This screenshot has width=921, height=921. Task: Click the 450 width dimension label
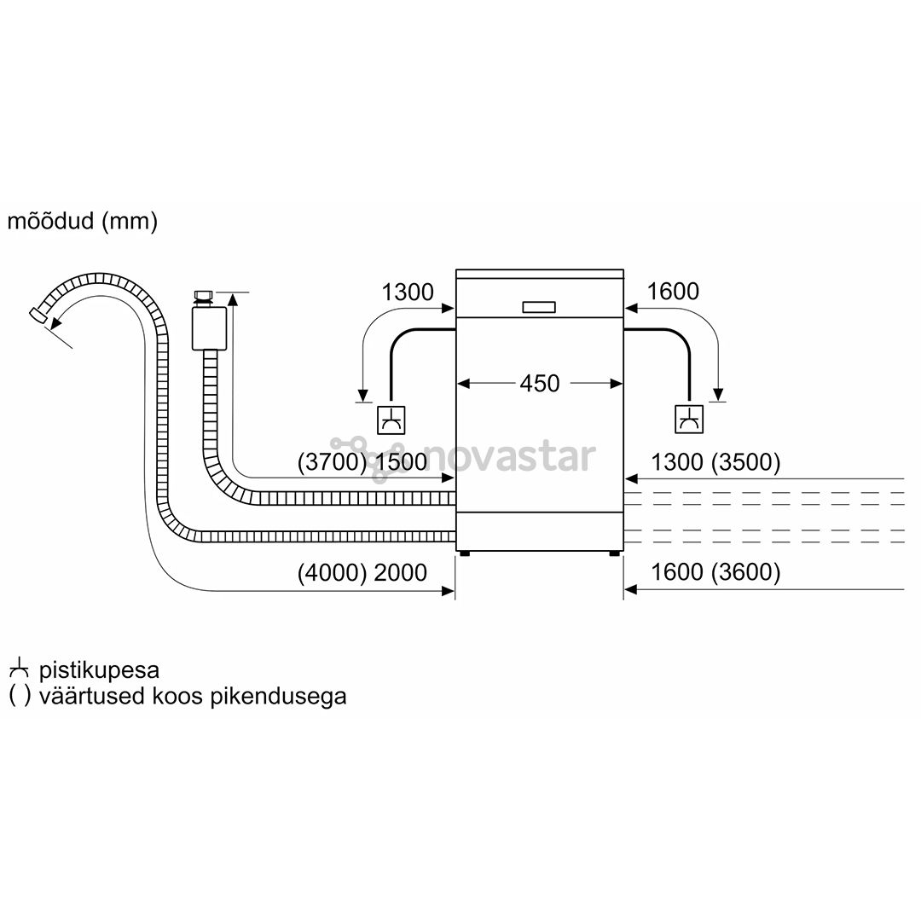coord(539,384)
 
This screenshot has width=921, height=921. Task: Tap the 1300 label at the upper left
coord(407,292)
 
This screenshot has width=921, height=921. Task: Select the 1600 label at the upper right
coord(673,292)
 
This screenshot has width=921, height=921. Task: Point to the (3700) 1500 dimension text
coord(362,461)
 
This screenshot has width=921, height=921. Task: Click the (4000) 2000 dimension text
coord(362,573)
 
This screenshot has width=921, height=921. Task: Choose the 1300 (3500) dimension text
coord(715,462)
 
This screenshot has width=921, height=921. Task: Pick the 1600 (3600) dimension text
coord(715,572)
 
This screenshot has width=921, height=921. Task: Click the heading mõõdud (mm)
coord(82,221)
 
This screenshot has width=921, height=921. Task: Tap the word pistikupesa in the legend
coord(99,670)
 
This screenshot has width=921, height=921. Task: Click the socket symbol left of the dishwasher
coord(391,420)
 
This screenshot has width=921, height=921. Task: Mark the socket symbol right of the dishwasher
coord(689,420)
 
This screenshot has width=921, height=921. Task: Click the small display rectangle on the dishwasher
coord(539,307)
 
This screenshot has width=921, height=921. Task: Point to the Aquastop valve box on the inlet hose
coord(209,327)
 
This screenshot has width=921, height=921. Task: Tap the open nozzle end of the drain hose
coord(38,315)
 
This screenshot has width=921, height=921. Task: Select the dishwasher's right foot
coord(614,553)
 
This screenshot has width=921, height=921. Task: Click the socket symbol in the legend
coord(19,669)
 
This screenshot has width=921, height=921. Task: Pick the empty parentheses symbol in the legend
coord(20,696)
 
